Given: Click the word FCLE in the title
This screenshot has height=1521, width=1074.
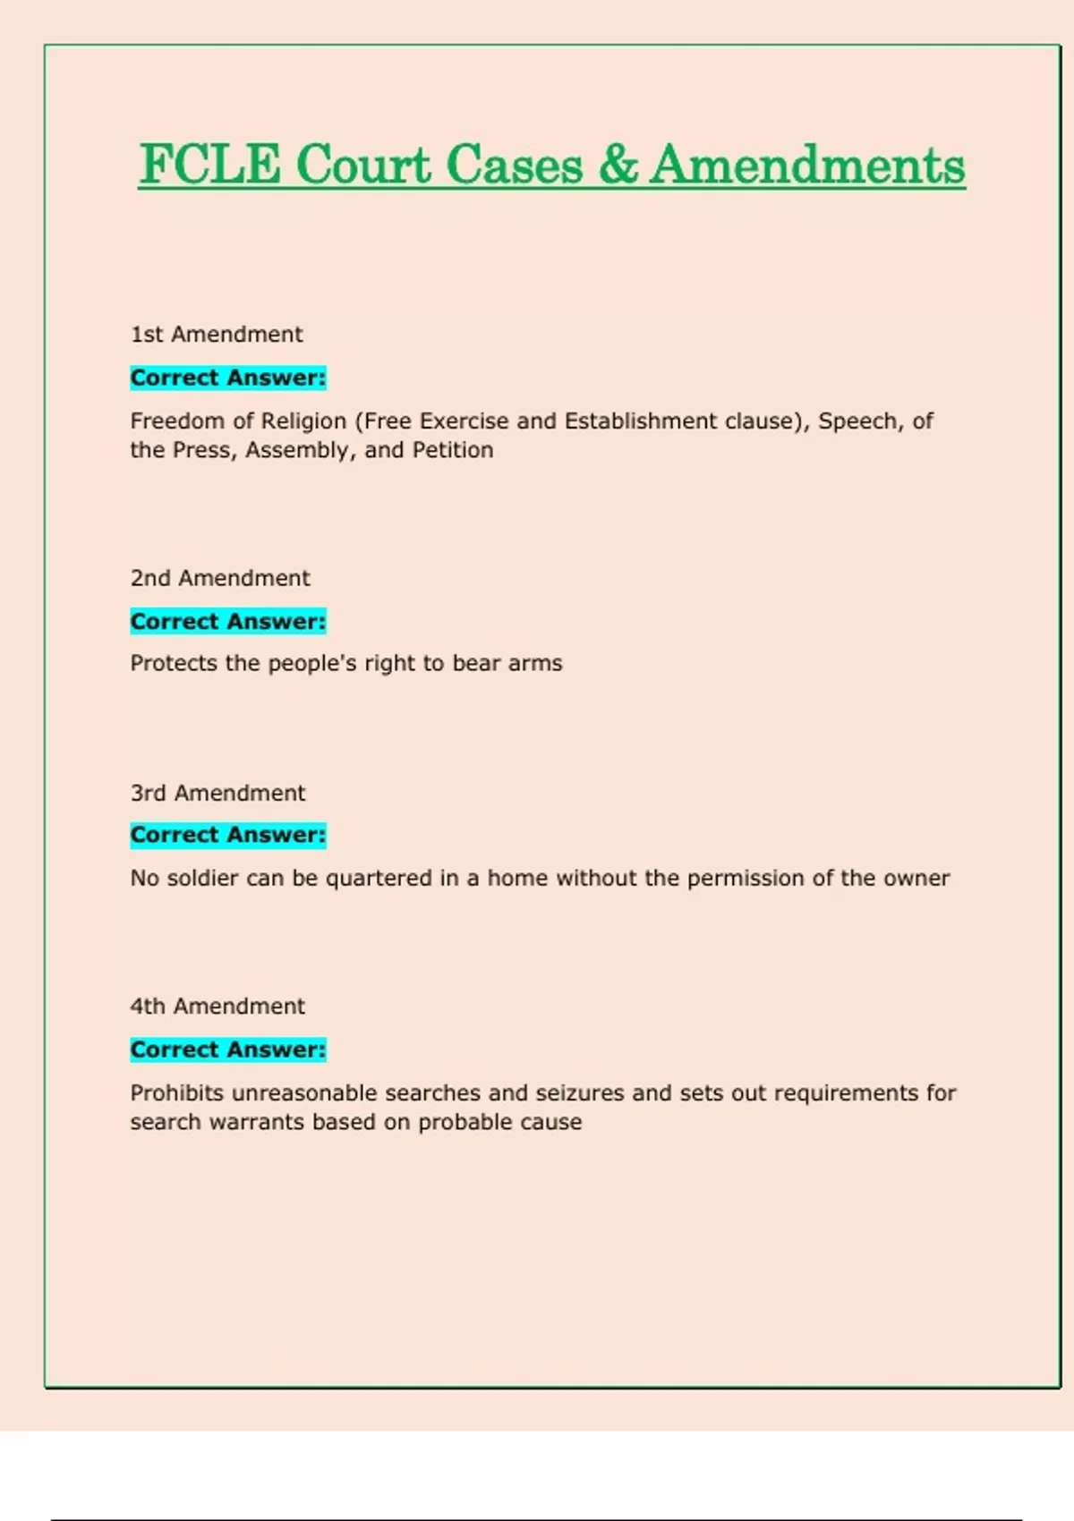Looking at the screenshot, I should pos(210,166).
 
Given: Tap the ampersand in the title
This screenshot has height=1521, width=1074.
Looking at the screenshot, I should pos(618,166).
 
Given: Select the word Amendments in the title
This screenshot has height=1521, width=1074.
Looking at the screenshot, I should pos(807,166).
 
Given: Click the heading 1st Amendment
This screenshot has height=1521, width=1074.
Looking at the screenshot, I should pos(217,335).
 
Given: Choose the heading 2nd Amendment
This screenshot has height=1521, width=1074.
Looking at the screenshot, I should pos(220,578).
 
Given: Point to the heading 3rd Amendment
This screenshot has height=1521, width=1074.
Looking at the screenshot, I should pos(217,793).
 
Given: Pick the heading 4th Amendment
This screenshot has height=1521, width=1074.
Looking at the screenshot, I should pos(217,1007).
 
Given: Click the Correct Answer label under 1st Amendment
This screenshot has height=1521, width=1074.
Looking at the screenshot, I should pos(228,378).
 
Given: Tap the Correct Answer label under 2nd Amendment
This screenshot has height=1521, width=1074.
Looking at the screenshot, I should pos(228,621).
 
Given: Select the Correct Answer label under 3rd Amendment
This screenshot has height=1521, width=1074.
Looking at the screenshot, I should pos(228,835).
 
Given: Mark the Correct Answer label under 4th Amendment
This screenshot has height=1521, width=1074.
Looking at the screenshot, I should pos(228,1049).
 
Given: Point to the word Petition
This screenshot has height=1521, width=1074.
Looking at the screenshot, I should pos(452,450).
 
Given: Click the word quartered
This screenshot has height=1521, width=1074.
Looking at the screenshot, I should pos(379,879).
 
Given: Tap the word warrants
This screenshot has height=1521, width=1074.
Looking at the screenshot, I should pos(256,1122).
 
